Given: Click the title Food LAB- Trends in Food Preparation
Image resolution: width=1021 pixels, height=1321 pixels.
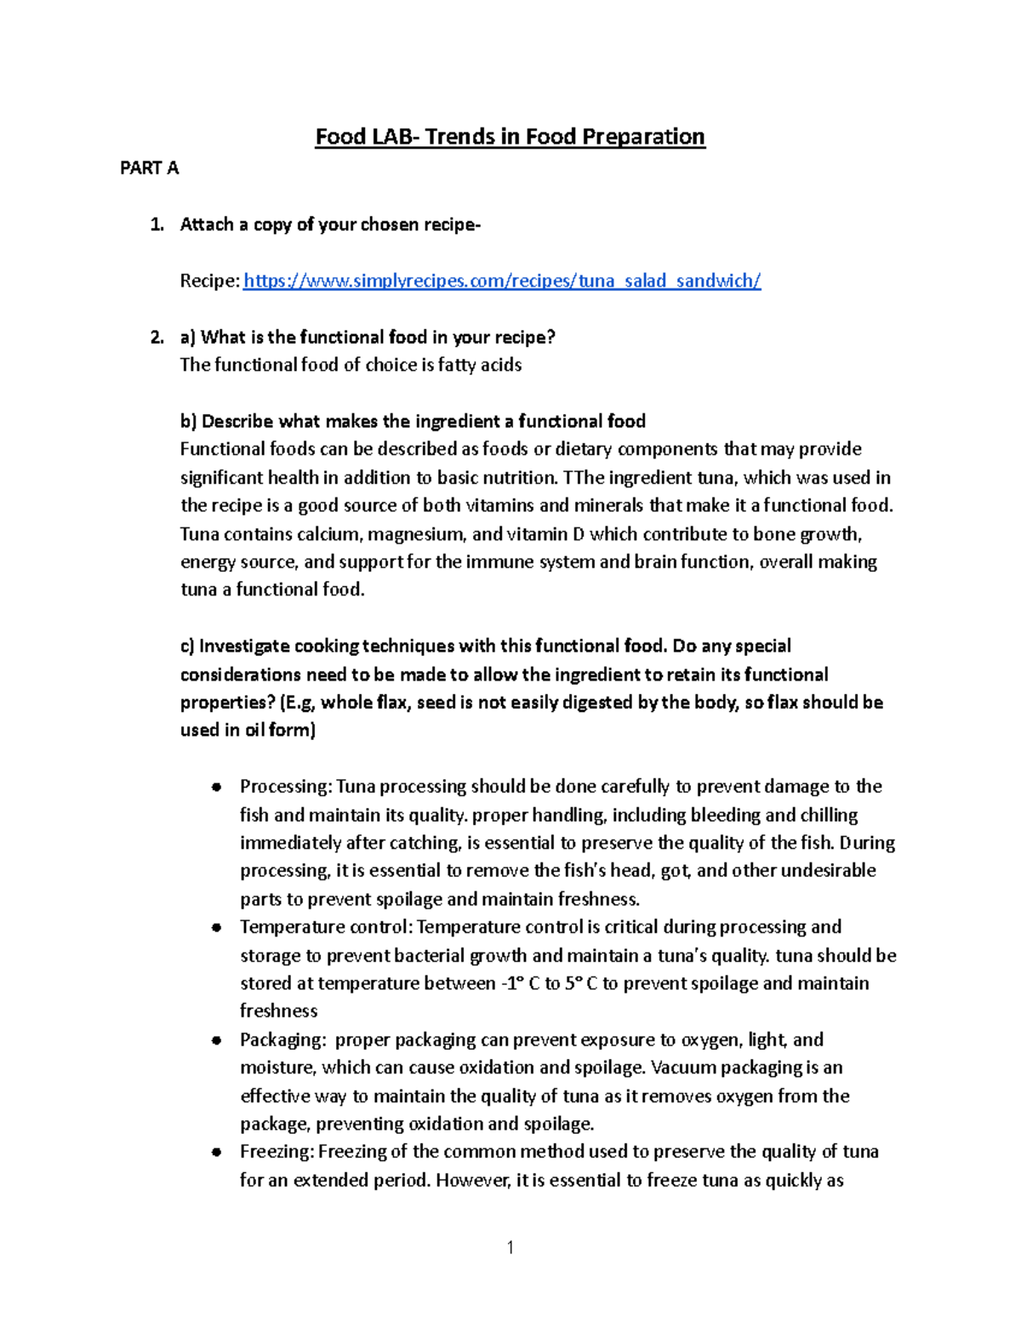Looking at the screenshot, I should pyautogui.click(x=510, y=137).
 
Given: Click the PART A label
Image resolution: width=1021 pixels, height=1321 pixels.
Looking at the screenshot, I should pyautogui.click(x=149, y=168).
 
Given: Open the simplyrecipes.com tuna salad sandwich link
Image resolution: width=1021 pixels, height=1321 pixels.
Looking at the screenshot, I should pyautogui.click(x=502, y=281).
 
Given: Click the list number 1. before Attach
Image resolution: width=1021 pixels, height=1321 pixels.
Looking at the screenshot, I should pyautogui.click(x=157, y=225).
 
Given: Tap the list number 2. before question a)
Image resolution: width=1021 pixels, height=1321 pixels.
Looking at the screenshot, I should pyautogui.click(x=157, y=338).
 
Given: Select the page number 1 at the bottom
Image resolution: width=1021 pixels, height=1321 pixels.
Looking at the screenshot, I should pyautogui.click(x=510, y=1248).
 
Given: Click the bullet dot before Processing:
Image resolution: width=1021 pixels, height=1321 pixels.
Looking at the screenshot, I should pyautogui.click(x=218, y=787).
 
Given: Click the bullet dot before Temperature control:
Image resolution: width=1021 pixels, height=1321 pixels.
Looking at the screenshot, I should pyautogui.click(x=218, y=927).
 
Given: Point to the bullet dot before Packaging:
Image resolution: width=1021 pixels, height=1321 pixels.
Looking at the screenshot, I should pyautogui.click(x=218, y=1040).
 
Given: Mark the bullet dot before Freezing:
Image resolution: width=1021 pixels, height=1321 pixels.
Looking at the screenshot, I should pyautogui.click(x=218, y=1153).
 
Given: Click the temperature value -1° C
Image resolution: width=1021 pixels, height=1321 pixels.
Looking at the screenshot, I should pyautogui.click(x=520, y=984).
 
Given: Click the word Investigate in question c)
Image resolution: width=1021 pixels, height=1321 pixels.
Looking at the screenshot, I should pyautogui.click(x=244, y=646).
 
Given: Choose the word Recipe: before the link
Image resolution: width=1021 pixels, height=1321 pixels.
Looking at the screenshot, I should pyautogui.click(x=209, y=281).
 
